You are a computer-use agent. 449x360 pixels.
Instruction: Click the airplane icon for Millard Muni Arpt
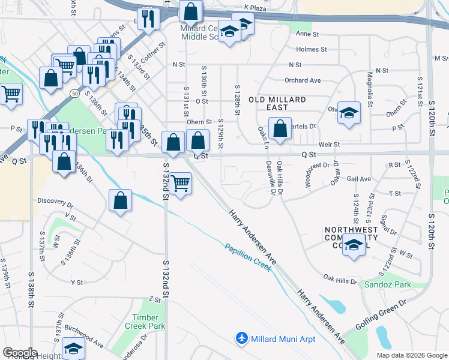[242, 339]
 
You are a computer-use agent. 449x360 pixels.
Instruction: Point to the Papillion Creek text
[249, 257]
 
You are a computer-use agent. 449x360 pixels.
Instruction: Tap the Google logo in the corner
[20, 353]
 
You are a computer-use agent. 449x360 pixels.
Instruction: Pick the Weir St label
[330, 145]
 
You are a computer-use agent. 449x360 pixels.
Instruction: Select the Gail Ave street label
[359, 179]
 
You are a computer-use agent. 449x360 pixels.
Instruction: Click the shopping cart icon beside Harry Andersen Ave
[180, 182]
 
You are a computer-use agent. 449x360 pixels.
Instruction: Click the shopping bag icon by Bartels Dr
[280, 128]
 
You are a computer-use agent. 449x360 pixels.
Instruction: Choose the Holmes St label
[311, 49]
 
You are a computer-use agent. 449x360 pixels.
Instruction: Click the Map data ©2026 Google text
[411, 355]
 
